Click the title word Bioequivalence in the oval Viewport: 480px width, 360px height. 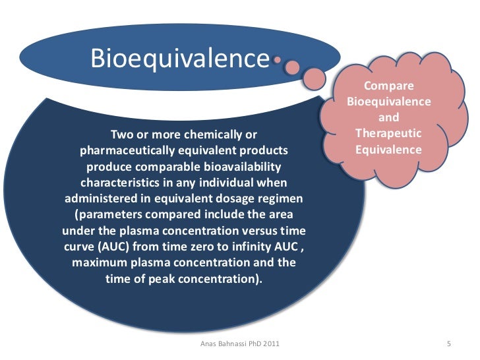coord(180,59)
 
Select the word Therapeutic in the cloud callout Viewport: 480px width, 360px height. coord(388,134)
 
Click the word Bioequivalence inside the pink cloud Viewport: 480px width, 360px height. coord(388,102)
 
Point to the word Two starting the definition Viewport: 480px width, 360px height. coord(121,135)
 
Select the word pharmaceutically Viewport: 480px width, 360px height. coord(136,151)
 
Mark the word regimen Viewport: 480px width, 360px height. coord(280,198)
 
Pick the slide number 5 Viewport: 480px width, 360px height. coord(448,345)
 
